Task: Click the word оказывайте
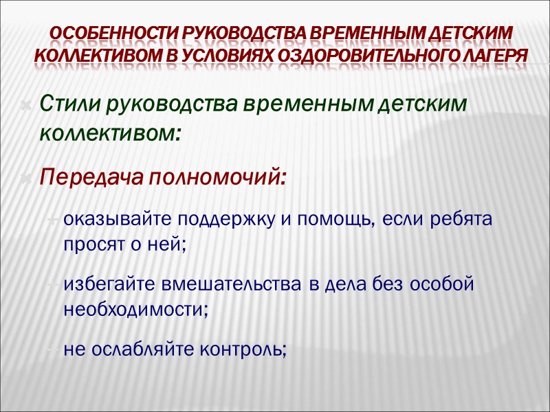click(x=118, y=220)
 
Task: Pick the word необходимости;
click(x=136, y=309)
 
